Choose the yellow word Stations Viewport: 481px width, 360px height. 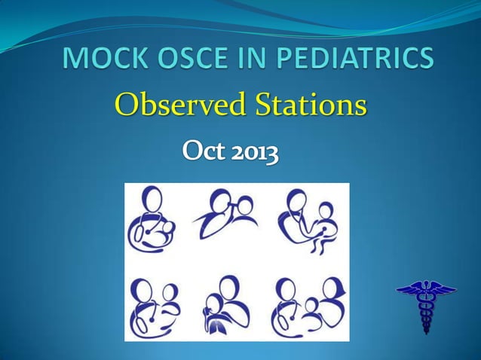point(308,105)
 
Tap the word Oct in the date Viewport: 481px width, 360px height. point(204,154)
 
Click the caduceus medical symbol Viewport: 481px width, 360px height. point(426,305)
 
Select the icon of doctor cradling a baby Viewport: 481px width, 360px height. point(155,223)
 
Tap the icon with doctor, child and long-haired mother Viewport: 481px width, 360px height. point(309,306)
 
